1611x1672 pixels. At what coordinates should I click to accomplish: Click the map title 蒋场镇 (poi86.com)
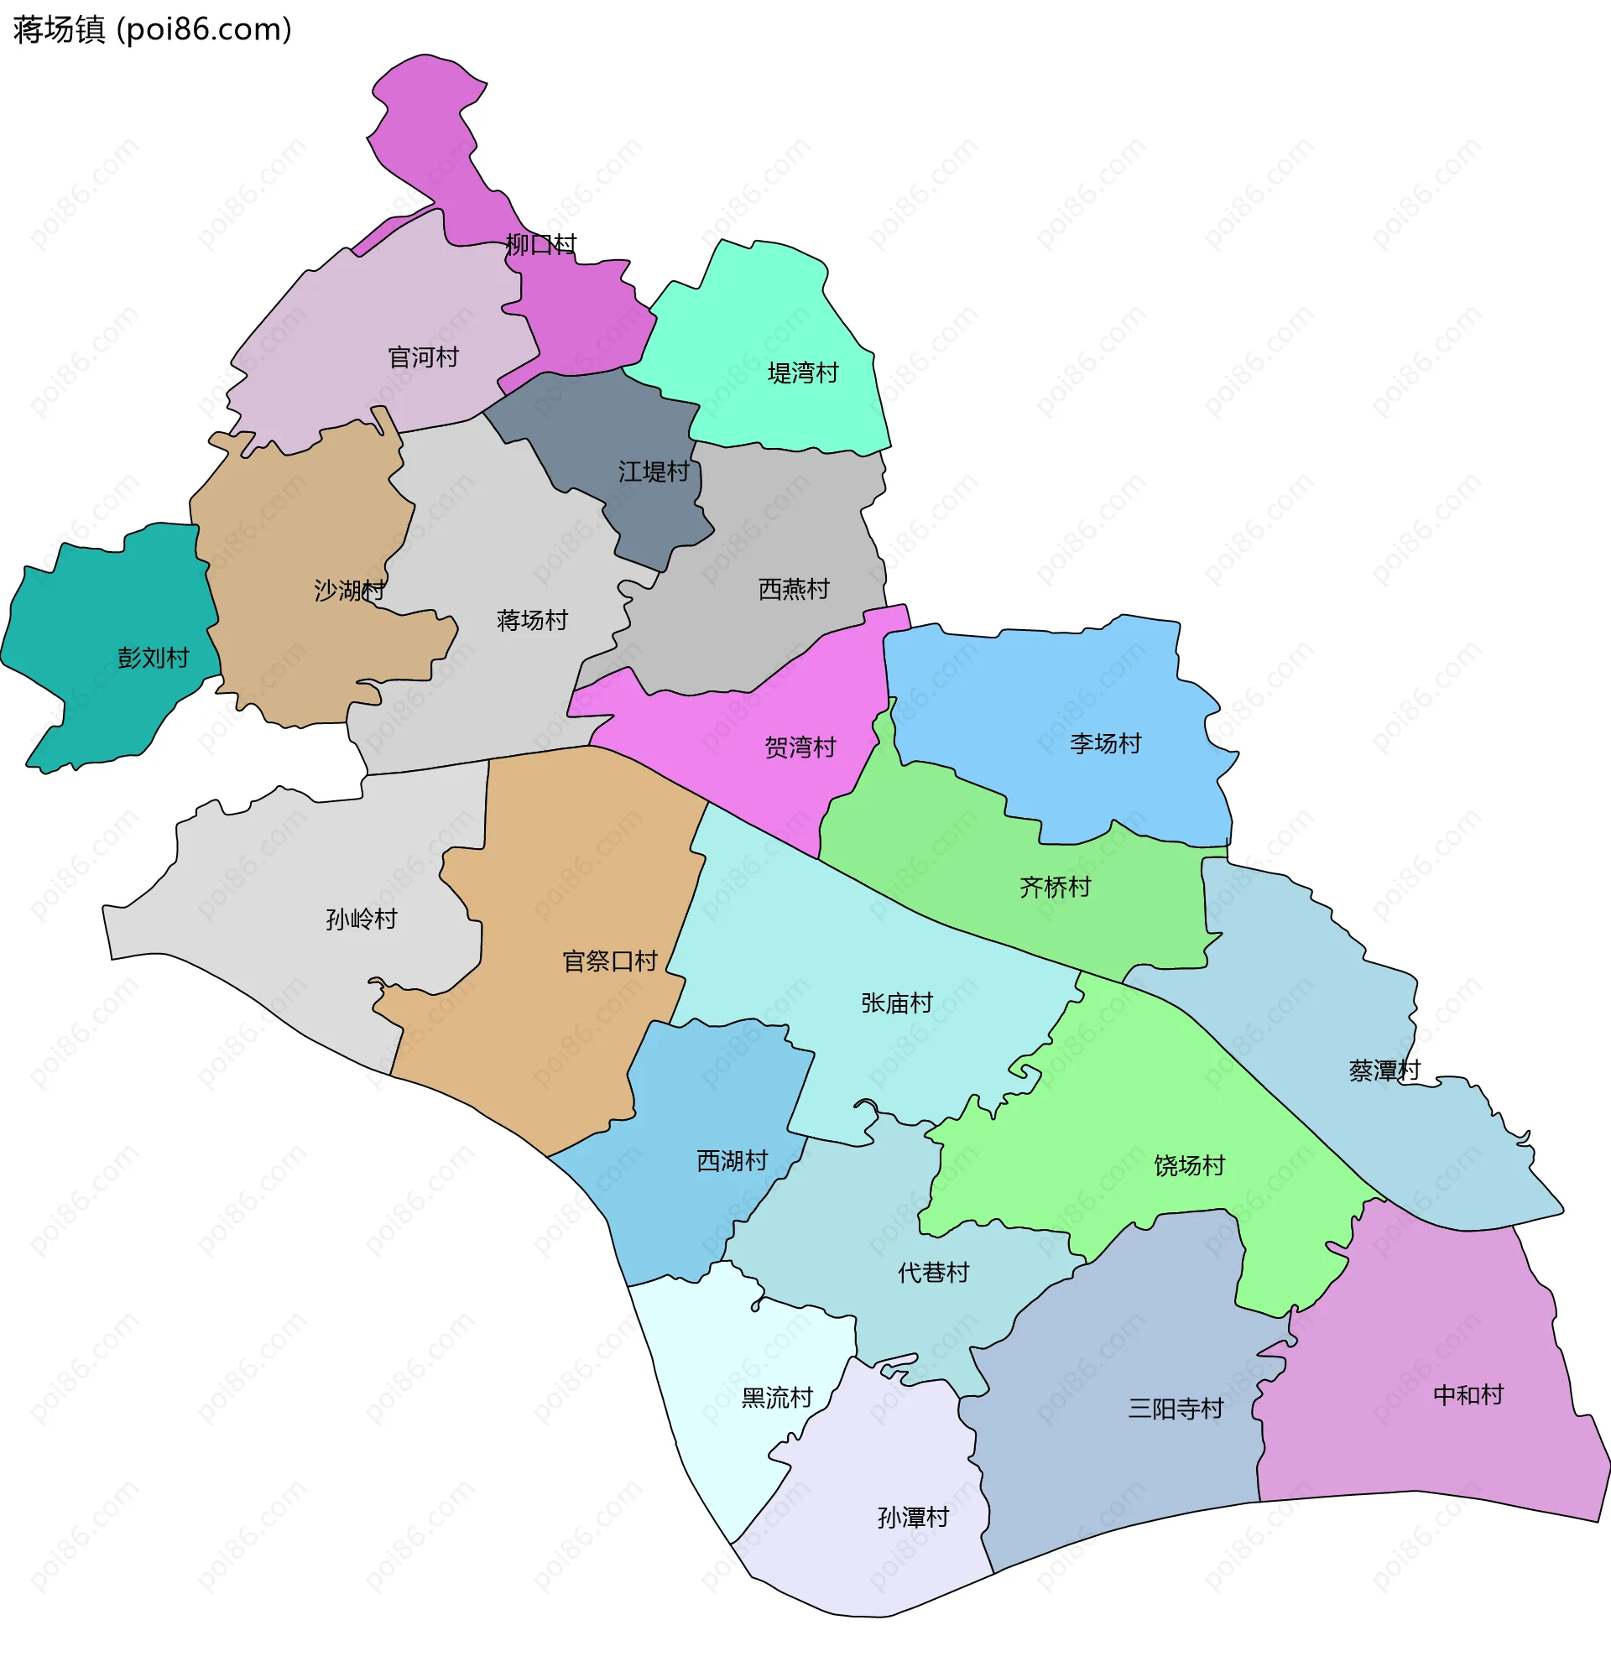pos(153,30)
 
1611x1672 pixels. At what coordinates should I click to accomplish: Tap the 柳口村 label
pos(541,245)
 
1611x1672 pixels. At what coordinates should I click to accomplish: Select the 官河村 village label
pos(423,357)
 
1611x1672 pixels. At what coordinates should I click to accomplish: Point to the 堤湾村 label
pos(803,372)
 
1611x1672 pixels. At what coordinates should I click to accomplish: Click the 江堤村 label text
pos(654,471)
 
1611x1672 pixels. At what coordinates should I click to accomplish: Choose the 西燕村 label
pos(794,590)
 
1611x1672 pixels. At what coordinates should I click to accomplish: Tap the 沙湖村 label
pos(349,591)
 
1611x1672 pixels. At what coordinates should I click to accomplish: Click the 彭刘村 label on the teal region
pos(154,658)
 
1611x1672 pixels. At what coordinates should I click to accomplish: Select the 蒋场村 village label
pos(533,620)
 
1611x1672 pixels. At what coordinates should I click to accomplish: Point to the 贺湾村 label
pos(800,748)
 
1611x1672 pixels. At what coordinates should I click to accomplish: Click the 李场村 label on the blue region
pos(1106,744)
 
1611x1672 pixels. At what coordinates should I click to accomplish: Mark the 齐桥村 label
pos(1056,888)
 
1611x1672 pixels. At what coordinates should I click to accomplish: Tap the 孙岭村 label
pos(362,919)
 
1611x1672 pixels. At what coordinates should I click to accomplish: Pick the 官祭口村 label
pos(610,962)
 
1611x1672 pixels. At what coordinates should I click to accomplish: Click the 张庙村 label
pos(897,1003)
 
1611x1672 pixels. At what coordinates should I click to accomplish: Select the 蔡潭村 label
pos(1384,1070)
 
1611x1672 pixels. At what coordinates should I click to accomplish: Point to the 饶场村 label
pos(1190,1166)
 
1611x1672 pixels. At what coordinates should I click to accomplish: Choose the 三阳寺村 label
pos(1176,1409)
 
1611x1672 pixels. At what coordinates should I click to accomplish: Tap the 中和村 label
pos(1468,1396)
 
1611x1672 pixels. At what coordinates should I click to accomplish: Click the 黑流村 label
pos(777,1399)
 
